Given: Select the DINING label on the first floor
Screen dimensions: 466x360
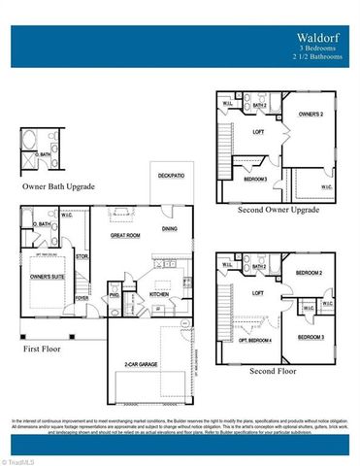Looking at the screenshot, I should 169,228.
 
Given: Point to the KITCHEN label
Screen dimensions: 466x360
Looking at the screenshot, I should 159,293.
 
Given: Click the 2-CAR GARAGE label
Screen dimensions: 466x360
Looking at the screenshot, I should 142,364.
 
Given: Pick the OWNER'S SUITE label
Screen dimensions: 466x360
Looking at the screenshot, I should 47,278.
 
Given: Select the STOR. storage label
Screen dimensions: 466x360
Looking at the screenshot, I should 82,257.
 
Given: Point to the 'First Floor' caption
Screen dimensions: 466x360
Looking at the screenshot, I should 43,346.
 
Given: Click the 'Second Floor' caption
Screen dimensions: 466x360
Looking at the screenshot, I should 275,369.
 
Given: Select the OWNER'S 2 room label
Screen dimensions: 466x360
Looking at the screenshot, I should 310,115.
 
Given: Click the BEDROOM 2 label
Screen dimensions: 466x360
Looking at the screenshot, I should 309,273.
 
